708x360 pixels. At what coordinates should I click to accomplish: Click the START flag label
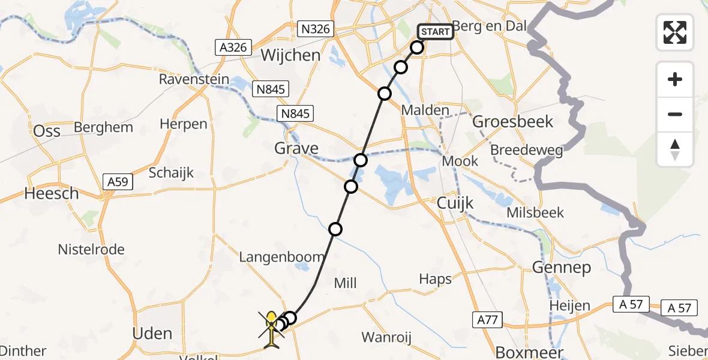coord(435,31)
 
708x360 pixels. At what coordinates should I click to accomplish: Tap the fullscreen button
coord(675,32)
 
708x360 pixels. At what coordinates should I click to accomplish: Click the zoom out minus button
coord(675,114)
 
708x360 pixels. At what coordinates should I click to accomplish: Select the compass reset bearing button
coord(675,149)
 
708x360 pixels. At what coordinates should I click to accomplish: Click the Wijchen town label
coord(290,56)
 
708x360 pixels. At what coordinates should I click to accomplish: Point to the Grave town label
coord(296,148)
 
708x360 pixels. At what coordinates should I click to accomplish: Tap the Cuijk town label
coord(455,203)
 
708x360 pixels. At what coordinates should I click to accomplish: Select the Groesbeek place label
coord(513,122)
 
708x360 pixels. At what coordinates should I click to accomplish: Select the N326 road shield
coord(317,29)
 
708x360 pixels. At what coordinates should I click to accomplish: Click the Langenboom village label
coord(281,257)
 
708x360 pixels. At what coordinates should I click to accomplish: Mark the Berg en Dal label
coord(490,26)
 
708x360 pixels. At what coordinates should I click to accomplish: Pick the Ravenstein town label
coord(193,79)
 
